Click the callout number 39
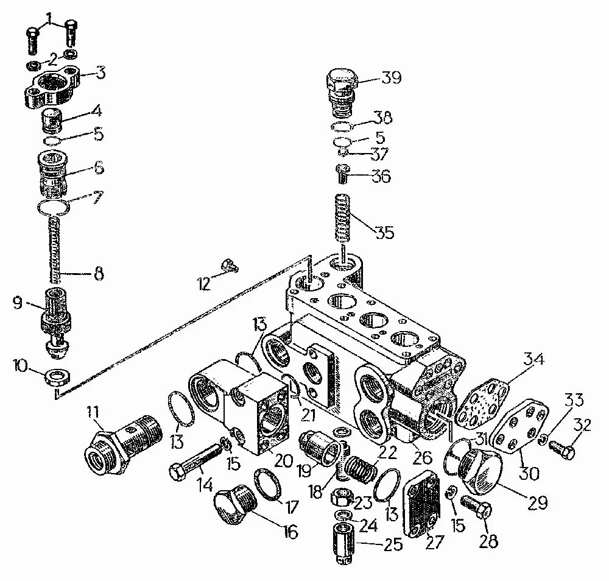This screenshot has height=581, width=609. coord(391,77)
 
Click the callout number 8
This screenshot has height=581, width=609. coord(97,275)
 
